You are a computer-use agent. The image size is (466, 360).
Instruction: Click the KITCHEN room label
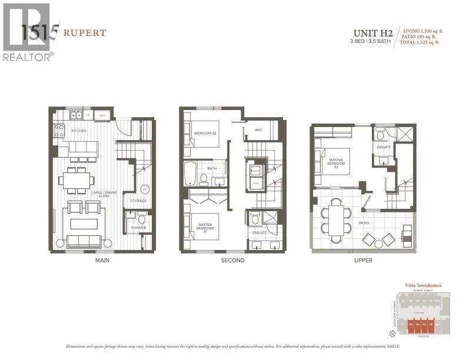pos(79,131)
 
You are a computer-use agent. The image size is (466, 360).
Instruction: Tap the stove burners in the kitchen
pos(59,131)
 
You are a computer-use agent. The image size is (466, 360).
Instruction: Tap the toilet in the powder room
pos(141,219)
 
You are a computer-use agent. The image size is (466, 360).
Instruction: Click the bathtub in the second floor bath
pos(189,175)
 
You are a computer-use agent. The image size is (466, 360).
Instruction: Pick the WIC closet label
pos(258,130)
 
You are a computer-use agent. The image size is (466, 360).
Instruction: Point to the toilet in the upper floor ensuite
pos(381,136)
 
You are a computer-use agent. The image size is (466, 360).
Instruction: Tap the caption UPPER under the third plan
pos(363,260)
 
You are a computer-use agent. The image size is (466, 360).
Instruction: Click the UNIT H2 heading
pos(373,34)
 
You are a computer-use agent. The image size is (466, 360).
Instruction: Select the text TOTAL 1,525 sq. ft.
pos(421,42)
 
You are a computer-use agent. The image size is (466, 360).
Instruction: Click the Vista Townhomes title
pos(422,285)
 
